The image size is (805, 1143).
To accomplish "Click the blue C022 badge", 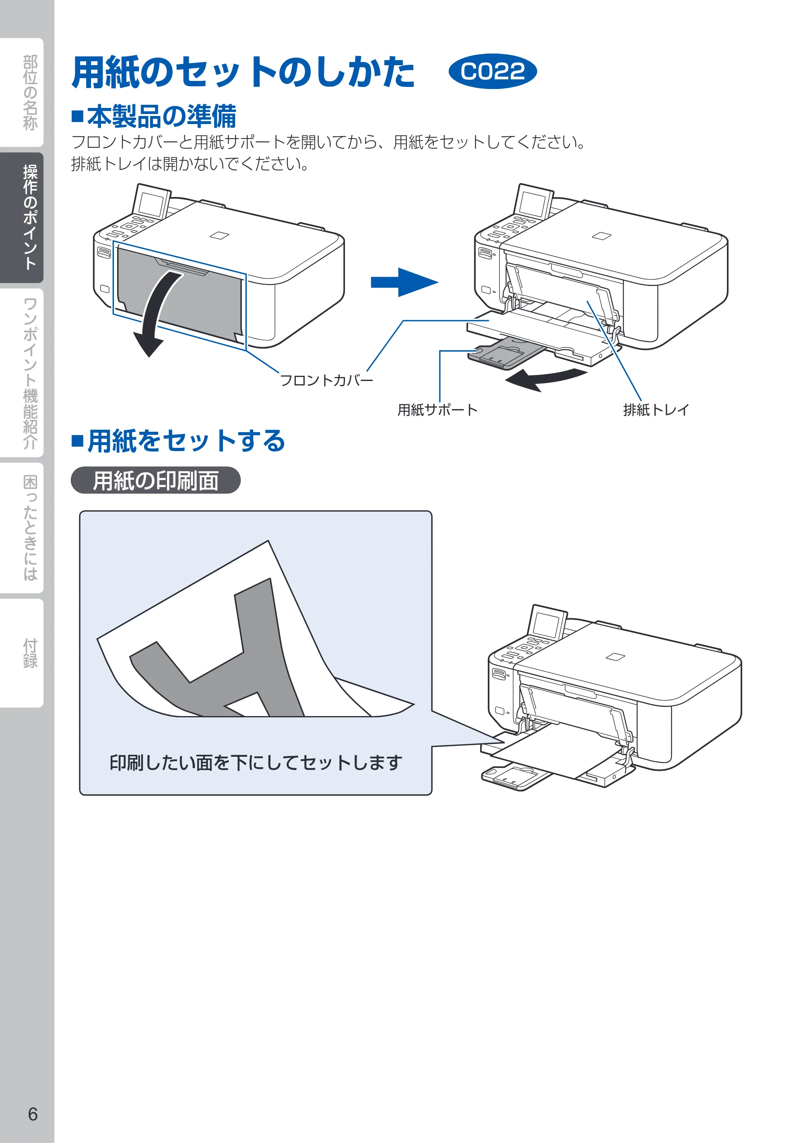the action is tap(493, 71).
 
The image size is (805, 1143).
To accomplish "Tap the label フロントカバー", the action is tap(326, 380).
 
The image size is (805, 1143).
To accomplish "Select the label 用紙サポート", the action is tap(438, 410).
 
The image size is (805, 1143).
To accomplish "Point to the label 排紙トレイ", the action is tap(656, 410).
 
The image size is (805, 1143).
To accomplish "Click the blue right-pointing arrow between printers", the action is tap(404, 282).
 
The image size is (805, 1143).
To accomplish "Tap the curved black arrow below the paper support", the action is tap(546, 379).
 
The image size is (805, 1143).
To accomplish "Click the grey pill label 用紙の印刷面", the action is tap(156, 480).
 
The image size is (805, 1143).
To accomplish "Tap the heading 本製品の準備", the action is tap(154, 116).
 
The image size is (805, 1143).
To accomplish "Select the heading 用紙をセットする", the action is tap(179, 441).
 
